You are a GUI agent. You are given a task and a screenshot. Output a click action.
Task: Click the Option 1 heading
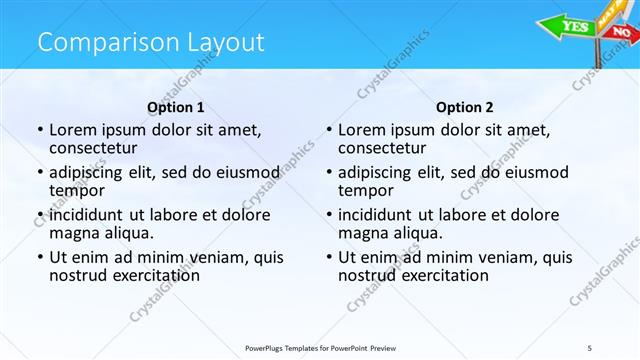click(x=176, y=107)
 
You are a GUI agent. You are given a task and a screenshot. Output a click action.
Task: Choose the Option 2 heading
click(x=465, y=107)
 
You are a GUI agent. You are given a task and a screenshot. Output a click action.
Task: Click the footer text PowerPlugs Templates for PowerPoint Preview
click(x=330, y=347)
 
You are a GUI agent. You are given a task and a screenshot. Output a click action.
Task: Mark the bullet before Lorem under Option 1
click(x=39, y=130)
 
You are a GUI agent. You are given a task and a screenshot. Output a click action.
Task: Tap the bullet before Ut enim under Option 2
click(x=328, y=257)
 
